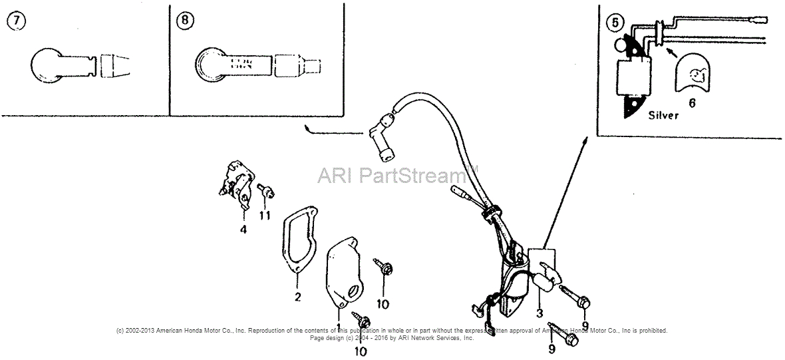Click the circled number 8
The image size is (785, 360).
[185, 21]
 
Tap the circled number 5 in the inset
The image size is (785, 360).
[615, 22]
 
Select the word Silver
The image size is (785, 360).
[663, 115]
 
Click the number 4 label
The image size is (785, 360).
[243, 230]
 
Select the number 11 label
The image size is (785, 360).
[265, 215]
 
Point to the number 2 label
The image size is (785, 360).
[297, 296]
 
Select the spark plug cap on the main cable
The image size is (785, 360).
[383, 140]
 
